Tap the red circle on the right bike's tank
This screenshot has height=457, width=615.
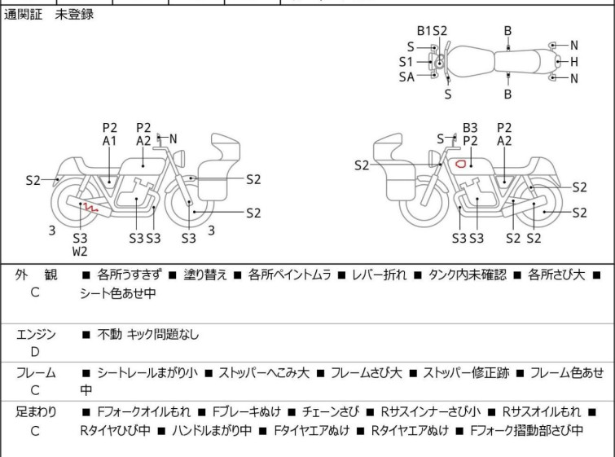click(460, 163)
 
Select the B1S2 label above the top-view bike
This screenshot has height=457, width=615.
click(432, 31)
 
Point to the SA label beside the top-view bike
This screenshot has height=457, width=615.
click(406, 77)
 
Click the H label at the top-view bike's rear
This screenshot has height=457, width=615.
click(573, 61)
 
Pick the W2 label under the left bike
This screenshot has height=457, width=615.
click(80, 252)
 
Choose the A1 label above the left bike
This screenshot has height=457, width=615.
click(110, 141)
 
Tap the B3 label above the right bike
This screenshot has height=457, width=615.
click(470, 128)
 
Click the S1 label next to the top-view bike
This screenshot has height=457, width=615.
click(406, 61)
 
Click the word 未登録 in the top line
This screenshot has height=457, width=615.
click(74, 15)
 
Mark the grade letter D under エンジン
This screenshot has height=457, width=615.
click(35, 351)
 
